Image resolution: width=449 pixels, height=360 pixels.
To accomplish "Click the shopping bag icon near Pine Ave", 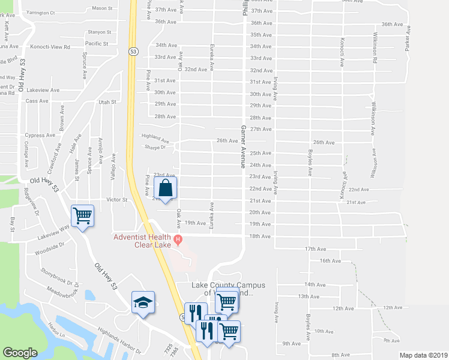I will [166, 187].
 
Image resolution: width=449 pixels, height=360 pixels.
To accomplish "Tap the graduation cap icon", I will [143, 302].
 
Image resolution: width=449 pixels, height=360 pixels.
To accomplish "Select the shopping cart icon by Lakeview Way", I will [82, 215].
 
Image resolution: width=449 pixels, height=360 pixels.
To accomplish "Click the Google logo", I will [20, 353].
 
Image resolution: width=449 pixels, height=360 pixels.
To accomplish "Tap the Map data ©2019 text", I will [423, 355].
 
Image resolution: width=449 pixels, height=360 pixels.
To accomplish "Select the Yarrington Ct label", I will [40, 12].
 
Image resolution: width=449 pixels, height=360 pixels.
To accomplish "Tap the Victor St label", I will [117, 199].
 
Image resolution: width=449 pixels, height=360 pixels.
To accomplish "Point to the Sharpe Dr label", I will [155, 146].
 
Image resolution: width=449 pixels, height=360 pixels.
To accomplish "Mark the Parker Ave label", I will [407, 37].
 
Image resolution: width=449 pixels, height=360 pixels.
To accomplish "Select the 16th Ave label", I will [330, 261].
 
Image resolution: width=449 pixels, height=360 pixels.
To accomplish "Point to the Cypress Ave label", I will [40, 135].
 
